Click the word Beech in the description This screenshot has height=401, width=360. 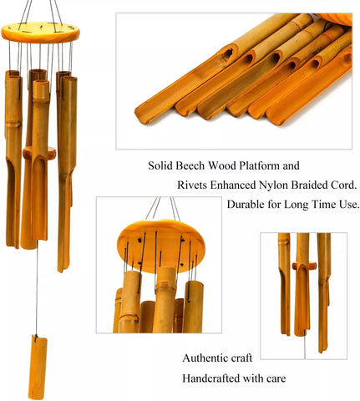coord(190,165)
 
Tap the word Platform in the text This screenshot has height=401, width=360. coord(260,165)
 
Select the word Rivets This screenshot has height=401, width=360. coord(192,185)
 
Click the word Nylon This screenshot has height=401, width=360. coord(273,185)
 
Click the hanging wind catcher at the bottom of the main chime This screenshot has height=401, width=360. coord(38,368)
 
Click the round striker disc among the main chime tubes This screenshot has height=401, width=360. coord(39,153)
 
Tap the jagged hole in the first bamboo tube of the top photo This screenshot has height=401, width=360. coord(228,54)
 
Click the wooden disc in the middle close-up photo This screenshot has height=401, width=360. coord(161,245)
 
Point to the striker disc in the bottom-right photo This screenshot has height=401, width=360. coord(304,266)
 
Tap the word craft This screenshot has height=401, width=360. coord(239,358)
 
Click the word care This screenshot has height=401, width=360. coord(276,379)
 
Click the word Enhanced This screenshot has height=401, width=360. coord(233,185)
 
